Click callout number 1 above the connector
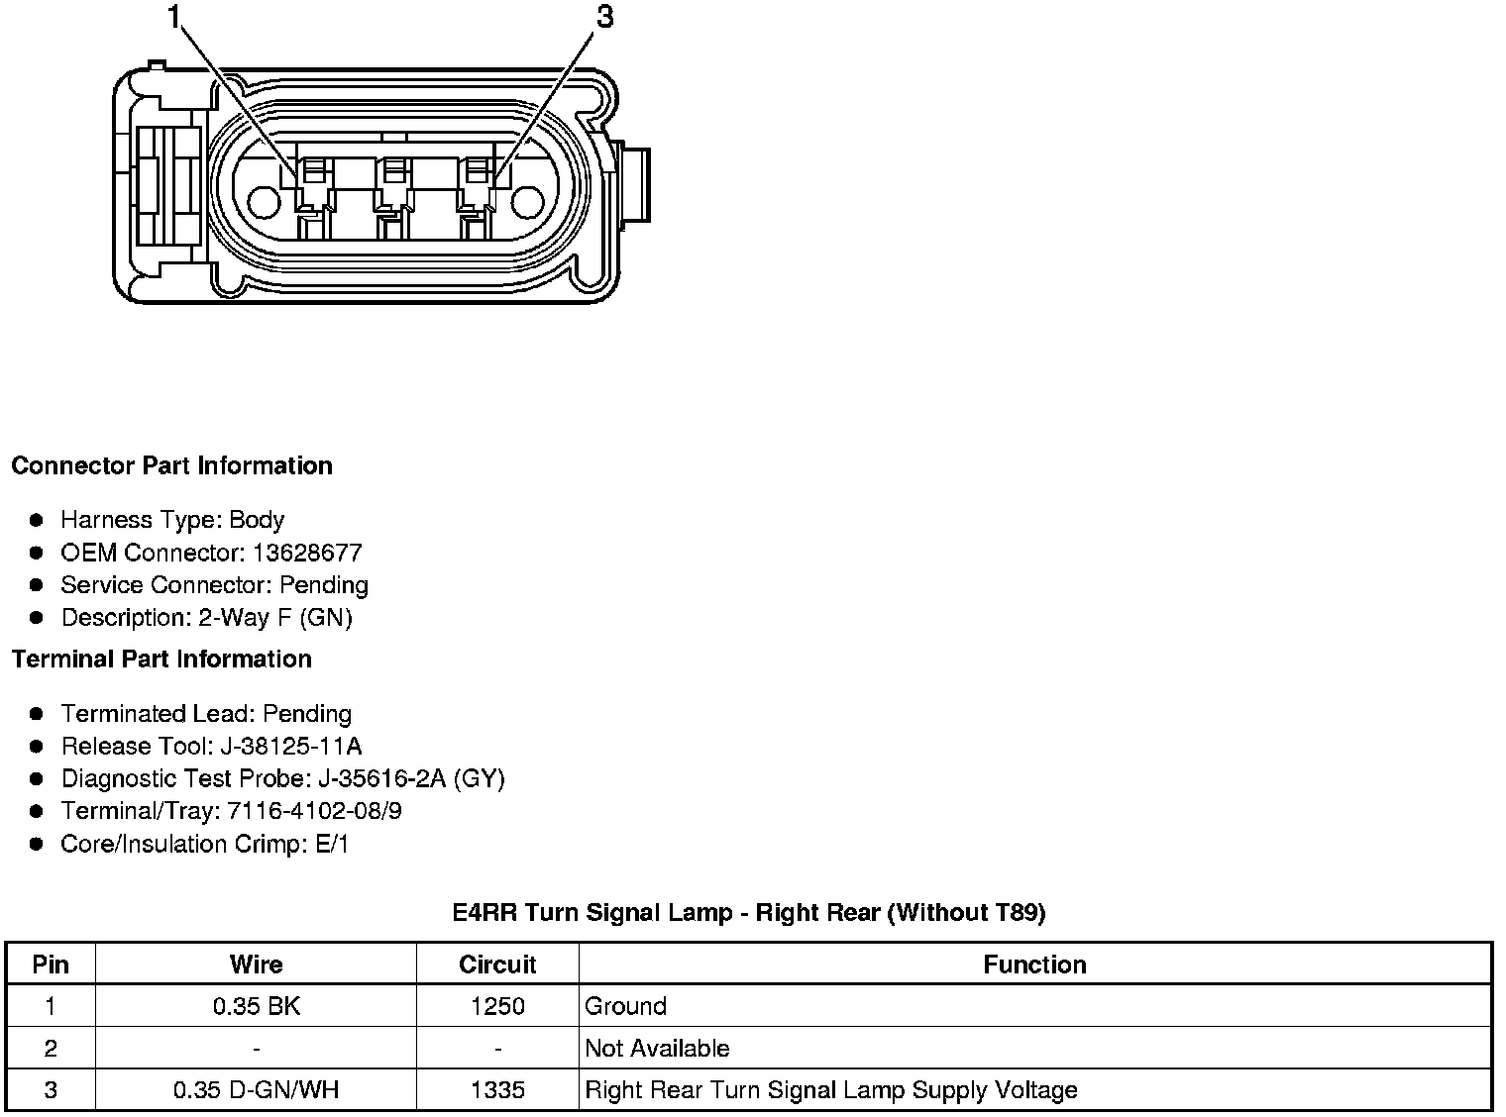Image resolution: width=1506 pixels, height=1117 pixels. [174, 17]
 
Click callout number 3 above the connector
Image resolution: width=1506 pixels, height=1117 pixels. [605, 17]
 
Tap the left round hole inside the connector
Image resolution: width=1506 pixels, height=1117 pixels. [264, 202]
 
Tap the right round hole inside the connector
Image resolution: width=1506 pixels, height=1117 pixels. [527, 202]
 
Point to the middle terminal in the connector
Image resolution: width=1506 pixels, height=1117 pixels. [394, 197]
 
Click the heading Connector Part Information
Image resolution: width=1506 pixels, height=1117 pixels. [171, 465]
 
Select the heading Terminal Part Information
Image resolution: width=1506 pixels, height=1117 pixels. [161, 659]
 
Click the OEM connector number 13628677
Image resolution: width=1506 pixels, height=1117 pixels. [307, 553]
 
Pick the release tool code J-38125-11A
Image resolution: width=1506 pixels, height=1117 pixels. [291, 746]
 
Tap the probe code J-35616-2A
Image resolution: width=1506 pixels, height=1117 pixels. [381, 778]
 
